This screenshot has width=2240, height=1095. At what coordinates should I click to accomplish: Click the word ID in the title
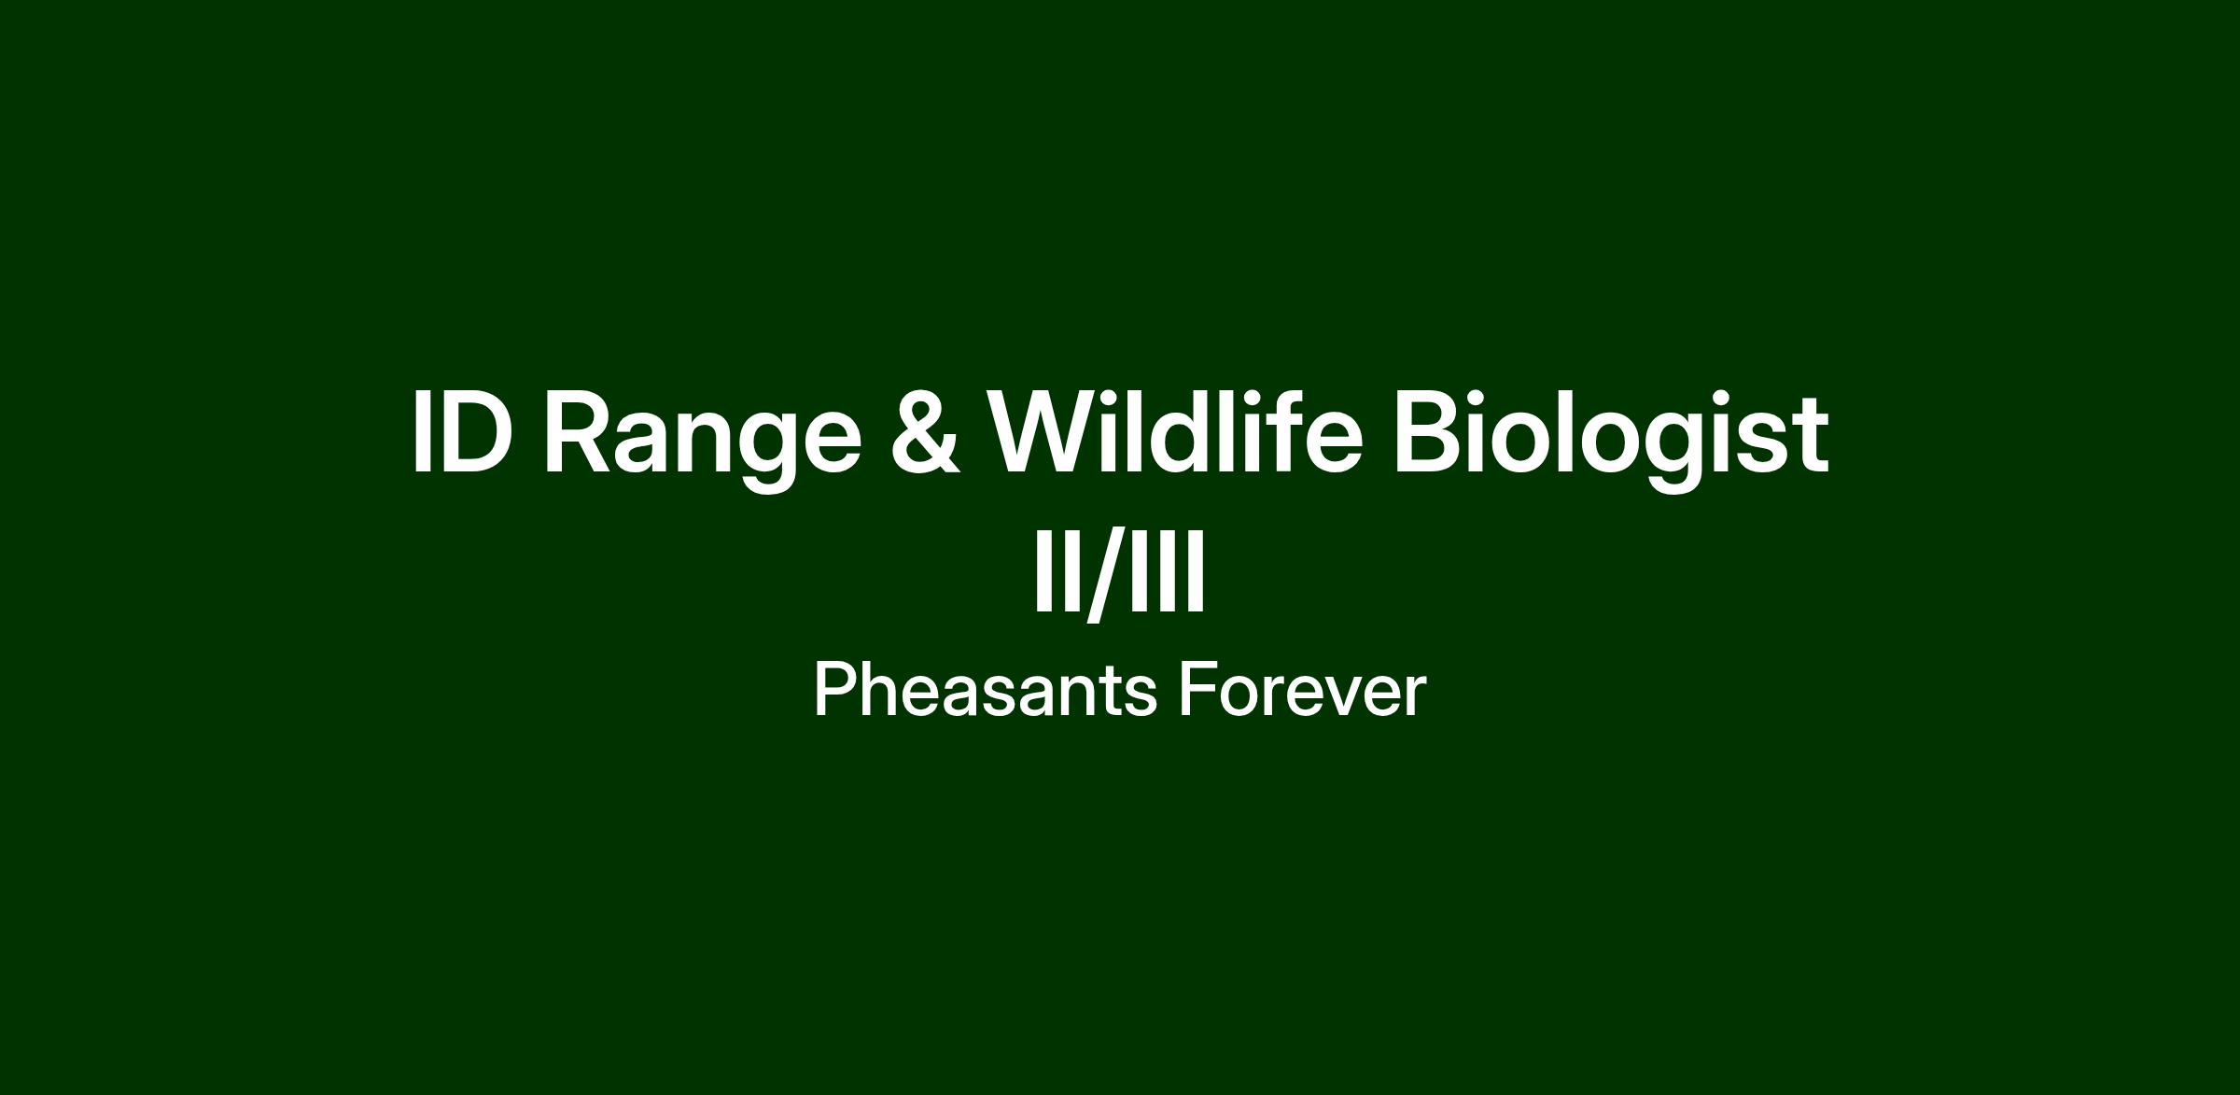[463, 433]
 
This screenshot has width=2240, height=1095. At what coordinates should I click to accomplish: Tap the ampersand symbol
[925, 433]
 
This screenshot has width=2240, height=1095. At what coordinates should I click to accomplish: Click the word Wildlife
[1175, 431]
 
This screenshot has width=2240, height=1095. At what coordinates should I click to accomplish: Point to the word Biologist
[1611, 439]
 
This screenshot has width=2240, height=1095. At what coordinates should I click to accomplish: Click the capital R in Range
[580, 433]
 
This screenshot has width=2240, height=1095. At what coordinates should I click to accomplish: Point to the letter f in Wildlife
[1272, 431]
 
